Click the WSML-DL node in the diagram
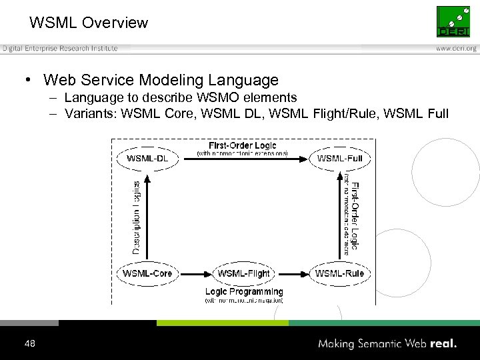147,158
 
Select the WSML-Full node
339,158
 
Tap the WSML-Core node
147,273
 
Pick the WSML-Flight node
243,273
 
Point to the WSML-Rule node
339,273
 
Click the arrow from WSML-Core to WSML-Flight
195,273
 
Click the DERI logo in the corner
453,21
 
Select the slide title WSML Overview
89,23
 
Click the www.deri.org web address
456,49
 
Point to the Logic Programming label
244,291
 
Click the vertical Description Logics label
136,217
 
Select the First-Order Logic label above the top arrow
242,145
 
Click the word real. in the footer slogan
443,344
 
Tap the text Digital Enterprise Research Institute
60,48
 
